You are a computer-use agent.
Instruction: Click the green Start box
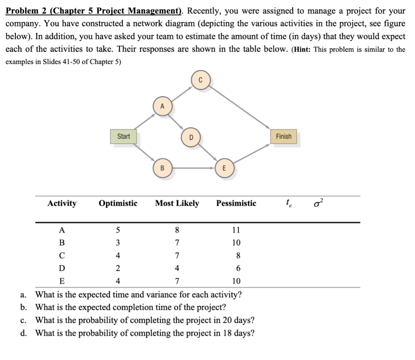(x=124, y=136)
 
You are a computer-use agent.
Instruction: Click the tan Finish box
(x=284, y=136)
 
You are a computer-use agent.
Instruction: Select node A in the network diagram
(x=163, y=107)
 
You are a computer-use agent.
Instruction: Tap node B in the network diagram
(x=163, y=168)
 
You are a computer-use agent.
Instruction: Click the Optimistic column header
(x=118, y=203)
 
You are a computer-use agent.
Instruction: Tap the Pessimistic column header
(x=236, y=203)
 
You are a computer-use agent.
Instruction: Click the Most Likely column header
(x=177, y=203)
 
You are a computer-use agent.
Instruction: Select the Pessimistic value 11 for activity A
(x=236, y=230)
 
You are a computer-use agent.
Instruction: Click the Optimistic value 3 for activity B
(x=118, y=243)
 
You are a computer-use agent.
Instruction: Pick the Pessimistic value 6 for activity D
(x=238, y=268)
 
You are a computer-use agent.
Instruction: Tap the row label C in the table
(x=62, y=256)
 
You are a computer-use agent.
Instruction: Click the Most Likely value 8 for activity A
(x=177, y=230)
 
